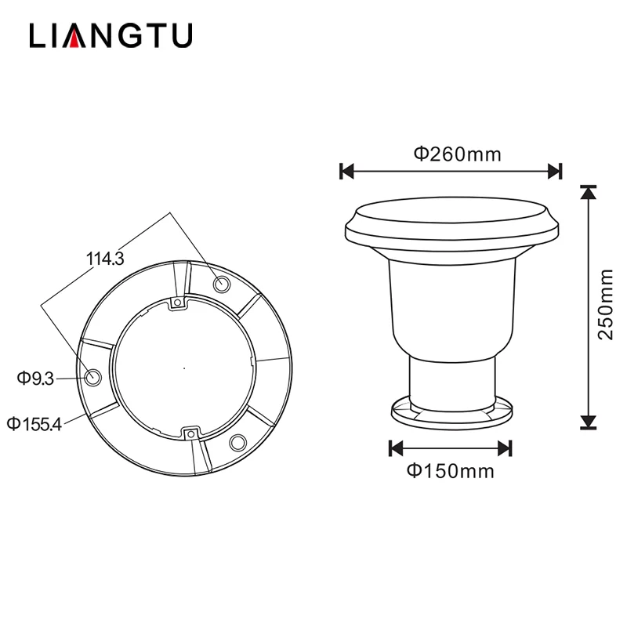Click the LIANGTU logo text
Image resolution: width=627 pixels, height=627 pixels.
point(111,36)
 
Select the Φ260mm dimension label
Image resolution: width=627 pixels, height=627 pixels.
point(457,154)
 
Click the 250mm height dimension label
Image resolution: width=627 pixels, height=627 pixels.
point(604,305)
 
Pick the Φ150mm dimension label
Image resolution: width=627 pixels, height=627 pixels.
point(450,471)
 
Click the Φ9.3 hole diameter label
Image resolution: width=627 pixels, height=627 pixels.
point(35,379)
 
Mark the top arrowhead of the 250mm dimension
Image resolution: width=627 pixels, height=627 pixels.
point(588,191)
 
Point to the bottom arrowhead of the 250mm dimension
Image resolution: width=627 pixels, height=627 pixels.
point(588,424)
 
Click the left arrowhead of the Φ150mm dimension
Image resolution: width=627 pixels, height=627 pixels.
point(396,448)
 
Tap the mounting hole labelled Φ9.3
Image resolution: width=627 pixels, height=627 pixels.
point(93,377)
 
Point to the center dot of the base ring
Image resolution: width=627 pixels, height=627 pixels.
point(183,366)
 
